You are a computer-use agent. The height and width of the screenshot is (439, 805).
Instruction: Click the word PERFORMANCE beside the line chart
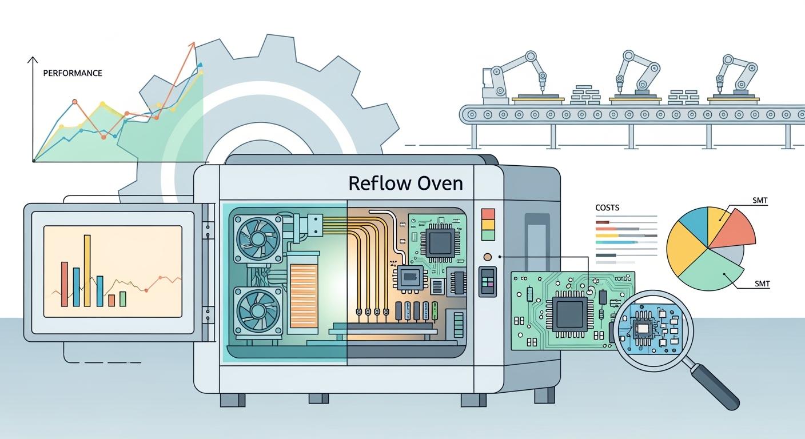point(73,73)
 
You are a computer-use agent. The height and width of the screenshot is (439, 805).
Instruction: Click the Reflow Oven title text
point(405,183)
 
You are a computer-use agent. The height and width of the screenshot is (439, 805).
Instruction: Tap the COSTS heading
point(607,207)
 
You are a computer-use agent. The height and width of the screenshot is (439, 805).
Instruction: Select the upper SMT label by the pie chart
point(760,201)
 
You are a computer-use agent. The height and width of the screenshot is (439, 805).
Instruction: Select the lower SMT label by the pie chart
point(762,284)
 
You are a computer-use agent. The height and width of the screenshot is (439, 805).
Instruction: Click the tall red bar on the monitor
point(64,284)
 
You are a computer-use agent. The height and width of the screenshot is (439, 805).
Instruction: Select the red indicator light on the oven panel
point(488,214)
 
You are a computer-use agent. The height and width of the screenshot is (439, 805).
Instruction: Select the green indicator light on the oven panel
point(488,236)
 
